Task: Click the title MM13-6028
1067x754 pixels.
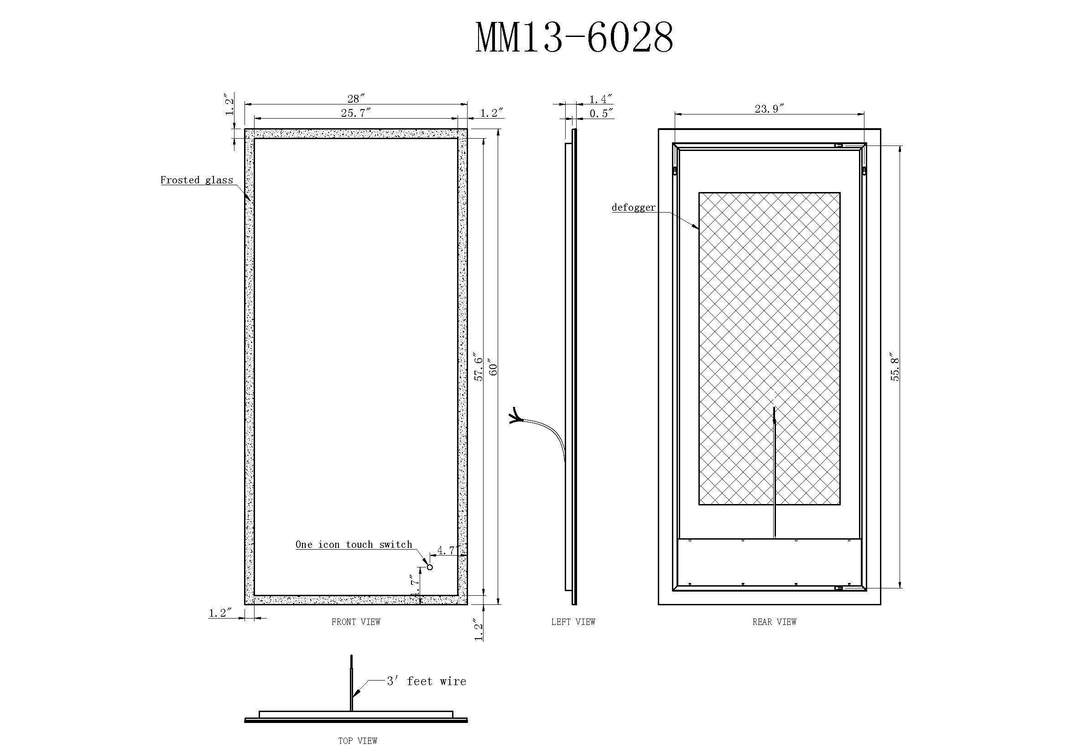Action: click(x=574, y=37)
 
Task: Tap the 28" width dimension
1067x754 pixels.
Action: click(x=356, y=99)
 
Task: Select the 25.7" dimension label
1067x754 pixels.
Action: click(x=356, y=112)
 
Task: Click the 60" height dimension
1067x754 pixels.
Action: click(x=493, y=369)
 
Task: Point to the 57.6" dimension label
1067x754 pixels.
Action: click(x=479, y=369)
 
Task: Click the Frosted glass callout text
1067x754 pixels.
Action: click(x=197, y=180)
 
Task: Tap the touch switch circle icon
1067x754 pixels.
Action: click(x=430, y=567)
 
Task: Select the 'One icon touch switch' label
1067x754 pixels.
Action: click(x=354, y=545)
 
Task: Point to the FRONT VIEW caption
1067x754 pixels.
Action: click(x=356, y=622)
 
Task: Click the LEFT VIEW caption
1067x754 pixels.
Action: click(x=573, y=622)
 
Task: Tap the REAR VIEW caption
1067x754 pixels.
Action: click(x=774, y=622)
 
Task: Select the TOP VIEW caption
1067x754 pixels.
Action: click(x=357, y=741)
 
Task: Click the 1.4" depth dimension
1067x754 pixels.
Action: click(x=601, y=99)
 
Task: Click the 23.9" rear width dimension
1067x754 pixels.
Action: click(x=769, y=109)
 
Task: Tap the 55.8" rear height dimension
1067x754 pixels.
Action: click(x=895, y=369)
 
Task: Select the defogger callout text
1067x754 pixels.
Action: click(x=634, y=208)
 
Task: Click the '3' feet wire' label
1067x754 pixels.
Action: click(x=427, y=681)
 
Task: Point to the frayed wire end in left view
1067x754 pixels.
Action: click(x=515, y=416)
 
